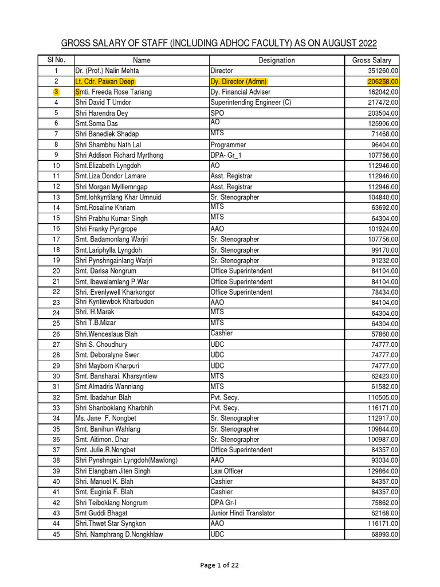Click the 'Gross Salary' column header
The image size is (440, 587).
point(371,60)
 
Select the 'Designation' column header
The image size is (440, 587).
point(276,60)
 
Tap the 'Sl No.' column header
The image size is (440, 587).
point(56,60)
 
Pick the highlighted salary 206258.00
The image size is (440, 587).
point(383,81)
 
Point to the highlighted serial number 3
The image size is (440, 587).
point(56,92)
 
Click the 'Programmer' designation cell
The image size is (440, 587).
point(228,144)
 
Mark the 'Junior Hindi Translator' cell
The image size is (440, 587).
point(242,513)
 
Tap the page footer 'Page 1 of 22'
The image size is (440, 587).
point(219,565)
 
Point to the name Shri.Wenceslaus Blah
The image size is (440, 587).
point(106,334)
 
